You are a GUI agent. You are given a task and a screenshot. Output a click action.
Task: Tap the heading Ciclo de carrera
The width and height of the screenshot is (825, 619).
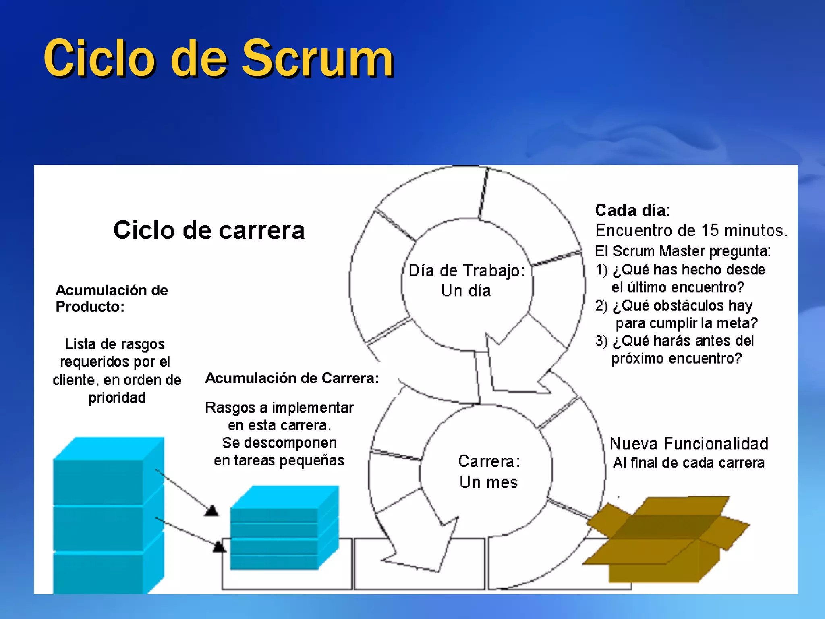[x=209, y=231]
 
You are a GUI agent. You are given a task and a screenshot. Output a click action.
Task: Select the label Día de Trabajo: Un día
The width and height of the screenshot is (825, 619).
[x=466, y=280]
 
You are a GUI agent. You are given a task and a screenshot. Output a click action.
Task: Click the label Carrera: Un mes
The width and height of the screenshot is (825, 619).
[x=489, y=472]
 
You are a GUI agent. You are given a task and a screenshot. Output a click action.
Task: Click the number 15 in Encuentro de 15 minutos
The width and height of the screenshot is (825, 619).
[x=711, y=231]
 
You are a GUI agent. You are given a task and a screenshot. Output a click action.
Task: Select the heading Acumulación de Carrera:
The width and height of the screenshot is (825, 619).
[x=292, y=378]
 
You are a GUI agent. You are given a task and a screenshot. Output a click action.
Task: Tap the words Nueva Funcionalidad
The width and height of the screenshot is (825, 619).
[x=689, y=444]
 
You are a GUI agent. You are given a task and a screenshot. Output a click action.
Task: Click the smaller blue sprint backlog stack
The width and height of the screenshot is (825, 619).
[x=284, y=528]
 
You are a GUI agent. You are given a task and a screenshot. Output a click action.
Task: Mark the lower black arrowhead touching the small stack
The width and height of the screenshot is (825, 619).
[x=219, y=546]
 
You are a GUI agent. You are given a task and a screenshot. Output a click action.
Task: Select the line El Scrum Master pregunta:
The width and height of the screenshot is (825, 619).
[x=683, y=251]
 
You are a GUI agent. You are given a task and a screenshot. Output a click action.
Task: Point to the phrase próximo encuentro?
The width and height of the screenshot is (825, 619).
[x=677, y=358]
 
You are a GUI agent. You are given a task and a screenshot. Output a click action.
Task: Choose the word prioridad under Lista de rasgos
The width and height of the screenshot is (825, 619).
[x=117, y=398]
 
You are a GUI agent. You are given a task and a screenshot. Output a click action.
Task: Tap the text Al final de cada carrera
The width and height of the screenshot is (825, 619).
[x=689, y=463]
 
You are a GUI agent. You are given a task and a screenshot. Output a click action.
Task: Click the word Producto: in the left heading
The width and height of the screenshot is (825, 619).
[x=90, y=307]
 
